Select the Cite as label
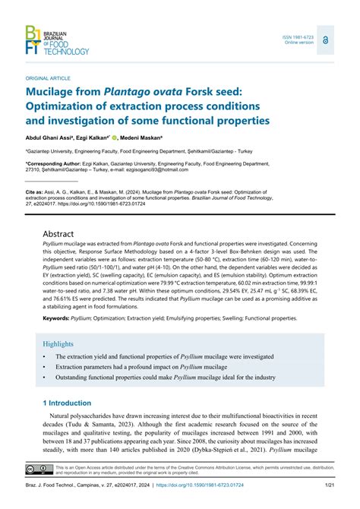click(37, 193)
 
